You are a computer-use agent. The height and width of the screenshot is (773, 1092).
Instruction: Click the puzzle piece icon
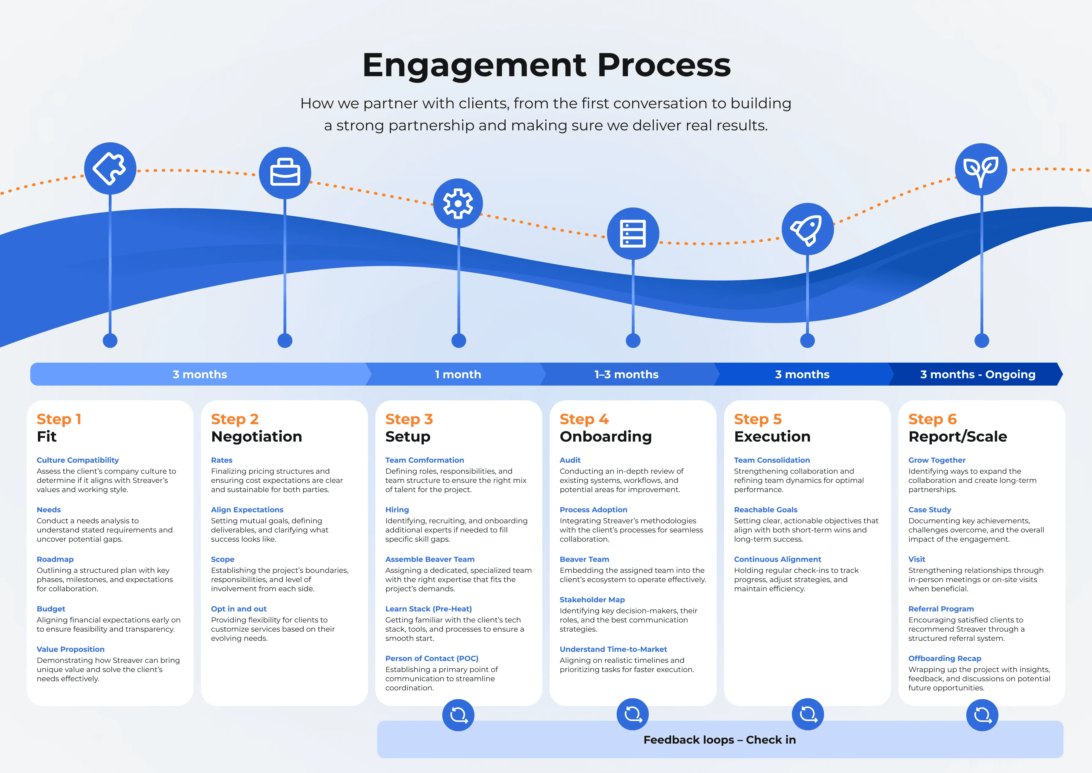pyautogui.click(x=110, y=169)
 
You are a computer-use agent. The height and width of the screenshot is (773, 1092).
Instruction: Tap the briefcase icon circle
pyautogui.click(x=285, y=173)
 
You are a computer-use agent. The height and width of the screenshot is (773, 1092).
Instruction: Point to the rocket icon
pyautogui.click(x=807, y=230)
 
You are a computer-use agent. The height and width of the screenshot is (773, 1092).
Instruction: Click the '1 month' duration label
pyautogui.click(x=458, y=375)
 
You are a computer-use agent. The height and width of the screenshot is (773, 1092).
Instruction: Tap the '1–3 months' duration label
pyautogui.click(x=626, y=375)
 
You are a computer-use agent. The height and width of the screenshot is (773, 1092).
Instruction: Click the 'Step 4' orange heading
pyautogui.click(x=584, y=419)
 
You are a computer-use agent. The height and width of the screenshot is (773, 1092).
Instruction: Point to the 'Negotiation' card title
pyautogui.click(x=256, y=436)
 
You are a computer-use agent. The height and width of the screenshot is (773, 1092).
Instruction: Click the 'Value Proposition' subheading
pyautogui.click(x=70, y=649)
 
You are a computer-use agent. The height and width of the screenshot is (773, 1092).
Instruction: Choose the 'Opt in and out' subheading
pyautogui.click(x=238, y=609)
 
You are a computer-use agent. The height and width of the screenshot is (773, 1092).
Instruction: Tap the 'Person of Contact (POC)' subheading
pyautogui.click(x=432, y=658)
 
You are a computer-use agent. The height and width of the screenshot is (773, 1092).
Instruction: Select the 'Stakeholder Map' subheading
pyautogui.click(x=592, y=600)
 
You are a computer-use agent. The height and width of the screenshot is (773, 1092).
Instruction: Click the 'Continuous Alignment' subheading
pyautogui.click(x=778, y=559)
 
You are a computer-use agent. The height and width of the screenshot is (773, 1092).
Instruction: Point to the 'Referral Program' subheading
pyautogui.click(x=941, y=609)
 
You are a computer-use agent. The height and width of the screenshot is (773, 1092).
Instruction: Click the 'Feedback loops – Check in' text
pyautogui.click(x=719, y=740)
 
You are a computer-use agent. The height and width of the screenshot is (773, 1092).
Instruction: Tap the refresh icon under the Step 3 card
pyautogui.click(x=458, y=715)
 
